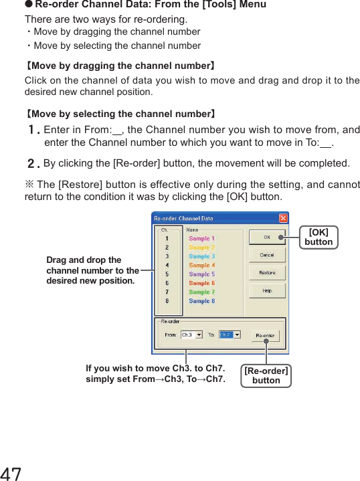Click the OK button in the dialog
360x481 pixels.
coord(266,237)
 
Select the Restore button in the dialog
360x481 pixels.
coord(266,272)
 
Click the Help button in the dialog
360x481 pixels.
coord(266,290)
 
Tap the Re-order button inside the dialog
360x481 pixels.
coord(265,334)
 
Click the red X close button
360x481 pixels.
coord(283,218)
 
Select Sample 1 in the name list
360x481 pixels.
coord(201,238)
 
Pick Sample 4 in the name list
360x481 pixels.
coord(201,265)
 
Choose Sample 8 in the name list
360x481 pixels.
coord(201,301)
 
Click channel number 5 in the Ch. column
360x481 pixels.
coord(167,274)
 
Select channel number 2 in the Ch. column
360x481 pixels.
coord(167,247)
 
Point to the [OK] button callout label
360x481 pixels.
coord(318,237)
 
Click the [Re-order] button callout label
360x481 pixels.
coord(266,375)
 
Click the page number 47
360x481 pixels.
coord(11,474)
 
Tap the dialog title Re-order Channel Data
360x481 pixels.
coord(185,218)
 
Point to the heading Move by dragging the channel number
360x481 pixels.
coord(120,66)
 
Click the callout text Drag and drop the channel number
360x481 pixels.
coord(92,270)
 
